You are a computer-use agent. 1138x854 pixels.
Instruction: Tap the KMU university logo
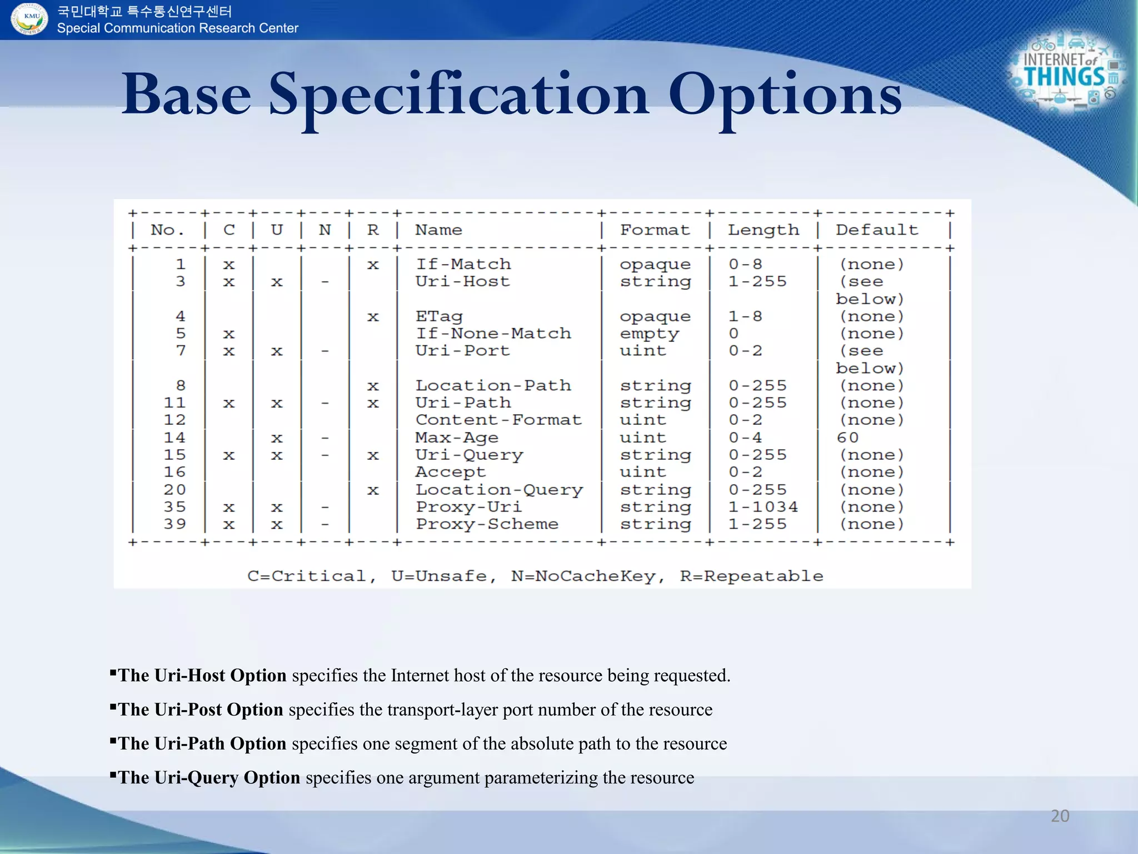tap(30, 19)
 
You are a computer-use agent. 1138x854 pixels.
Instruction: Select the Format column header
tap(655, 230)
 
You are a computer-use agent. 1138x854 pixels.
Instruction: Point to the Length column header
tap(763, 230)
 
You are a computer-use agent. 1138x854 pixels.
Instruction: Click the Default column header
tap(876, 230)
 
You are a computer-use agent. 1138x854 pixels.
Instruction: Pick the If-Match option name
tap(463, 264)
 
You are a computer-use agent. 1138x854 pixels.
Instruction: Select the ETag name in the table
tap(438, 316)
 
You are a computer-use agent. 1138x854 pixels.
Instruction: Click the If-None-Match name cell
tap(493, 334)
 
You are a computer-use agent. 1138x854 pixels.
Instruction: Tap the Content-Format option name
tap(498, 420)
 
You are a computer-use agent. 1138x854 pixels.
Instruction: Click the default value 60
tap(847, 438)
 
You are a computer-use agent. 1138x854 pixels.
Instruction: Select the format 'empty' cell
tap(649, 334)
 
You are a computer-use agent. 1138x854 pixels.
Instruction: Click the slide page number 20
tap(1060, 816)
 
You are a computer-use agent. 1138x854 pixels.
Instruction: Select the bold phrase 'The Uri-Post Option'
tap(201, 709)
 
